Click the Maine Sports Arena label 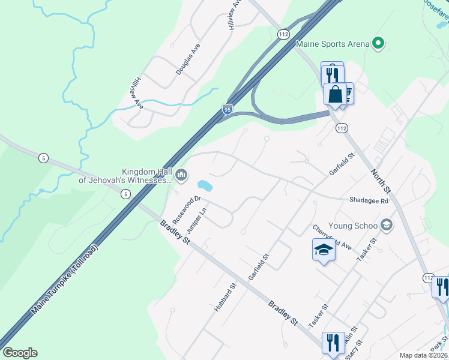[x=332, y=44]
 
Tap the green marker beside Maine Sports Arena [x=378, y=43]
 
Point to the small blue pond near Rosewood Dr [x=204, y=185]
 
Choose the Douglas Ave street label [x=188, y=59]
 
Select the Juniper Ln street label [x=196, y=221]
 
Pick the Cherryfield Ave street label [x=331, y=238]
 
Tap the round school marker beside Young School [x=387, y=226]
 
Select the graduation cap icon [x=324, y=250]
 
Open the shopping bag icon [x=334, y=94]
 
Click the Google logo [x=20, y=353]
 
